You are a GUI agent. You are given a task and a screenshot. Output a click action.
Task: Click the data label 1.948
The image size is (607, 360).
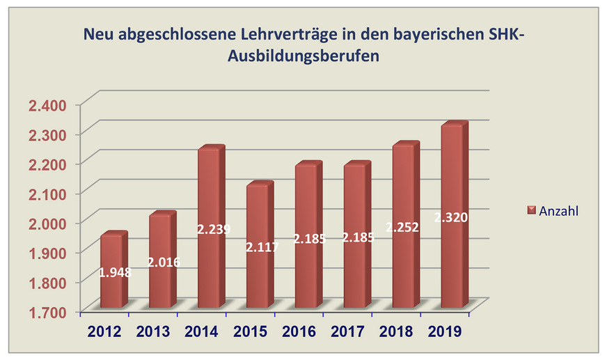[x=115, y=272]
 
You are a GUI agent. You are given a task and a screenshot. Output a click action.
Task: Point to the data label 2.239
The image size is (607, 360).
[x=213, y=229]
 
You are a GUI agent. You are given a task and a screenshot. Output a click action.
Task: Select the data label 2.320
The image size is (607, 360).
[x=450, y=218]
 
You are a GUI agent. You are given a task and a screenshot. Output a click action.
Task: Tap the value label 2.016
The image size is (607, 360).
[x=164, y=263]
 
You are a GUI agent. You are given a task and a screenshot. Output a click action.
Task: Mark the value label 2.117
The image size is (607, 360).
[x=262, y=247]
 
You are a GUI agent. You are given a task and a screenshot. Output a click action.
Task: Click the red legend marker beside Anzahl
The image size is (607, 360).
[x=531, y=210]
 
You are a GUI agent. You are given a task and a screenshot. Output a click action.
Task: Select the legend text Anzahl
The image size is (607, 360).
[x=558, y=210]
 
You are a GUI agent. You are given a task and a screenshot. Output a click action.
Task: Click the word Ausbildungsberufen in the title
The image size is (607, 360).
[x=303, y=57]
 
